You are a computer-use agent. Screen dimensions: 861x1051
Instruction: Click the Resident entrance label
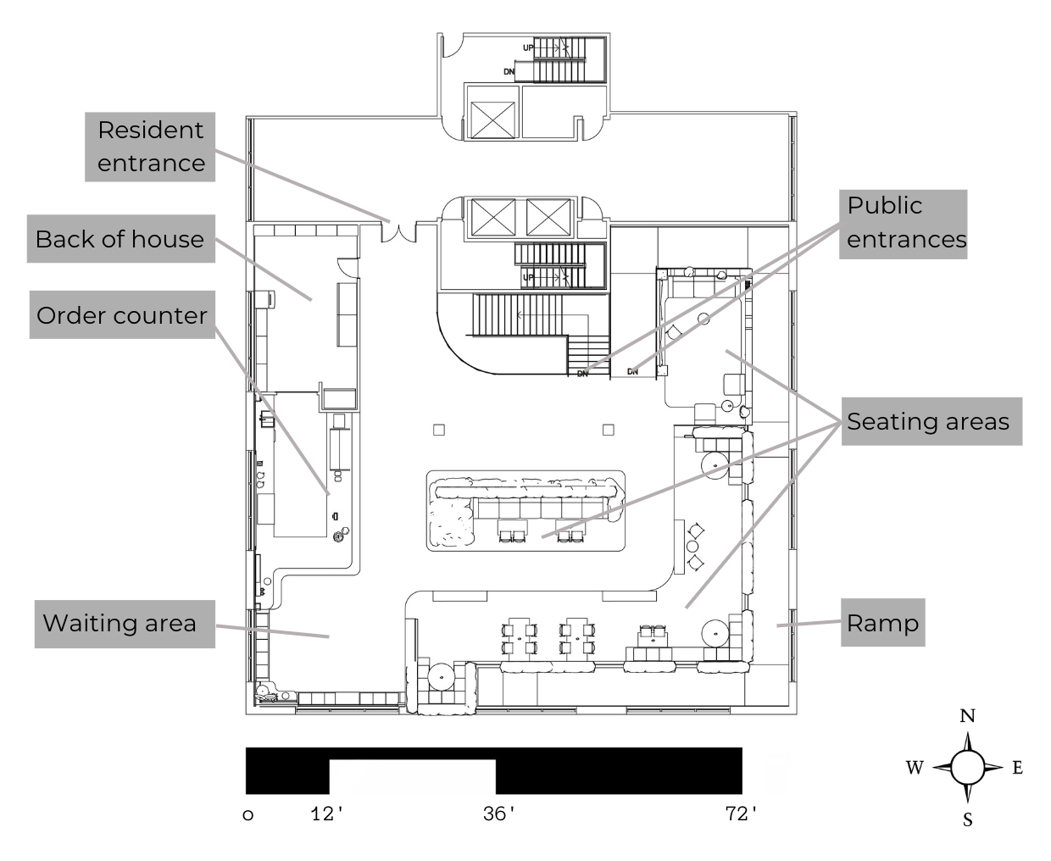(x=150, y=146)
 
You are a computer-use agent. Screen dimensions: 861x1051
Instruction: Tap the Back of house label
(x=120, y=239)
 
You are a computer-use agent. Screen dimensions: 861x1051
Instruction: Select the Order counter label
(x=122, y=315)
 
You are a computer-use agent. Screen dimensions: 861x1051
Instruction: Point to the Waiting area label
(x=120, y=623)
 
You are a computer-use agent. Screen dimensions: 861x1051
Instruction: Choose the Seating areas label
(x=928, y=421)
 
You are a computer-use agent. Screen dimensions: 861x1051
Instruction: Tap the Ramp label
(x=882, y=623)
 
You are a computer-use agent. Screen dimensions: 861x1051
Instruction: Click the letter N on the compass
(x=967, y=716)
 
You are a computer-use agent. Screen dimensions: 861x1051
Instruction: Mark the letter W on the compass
(x=915, y=768)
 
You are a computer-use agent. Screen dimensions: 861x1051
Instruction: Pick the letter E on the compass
(x=1017, y=768)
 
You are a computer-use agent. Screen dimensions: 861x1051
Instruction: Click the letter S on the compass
(x=967, y=819)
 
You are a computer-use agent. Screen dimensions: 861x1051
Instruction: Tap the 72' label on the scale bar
(x=742, y=814)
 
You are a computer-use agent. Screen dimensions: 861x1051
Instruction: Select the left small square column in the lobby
(x=438, y=430)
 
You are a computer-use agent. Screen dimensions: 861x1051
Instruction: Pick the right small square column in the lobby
(x=608, y=430)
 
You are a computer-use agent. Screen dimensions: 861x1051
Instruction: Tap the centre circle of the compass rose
(x=967, y=768)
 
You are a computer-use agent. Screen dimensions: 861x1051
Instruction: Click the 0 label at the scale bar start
(x=248, y=815)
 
